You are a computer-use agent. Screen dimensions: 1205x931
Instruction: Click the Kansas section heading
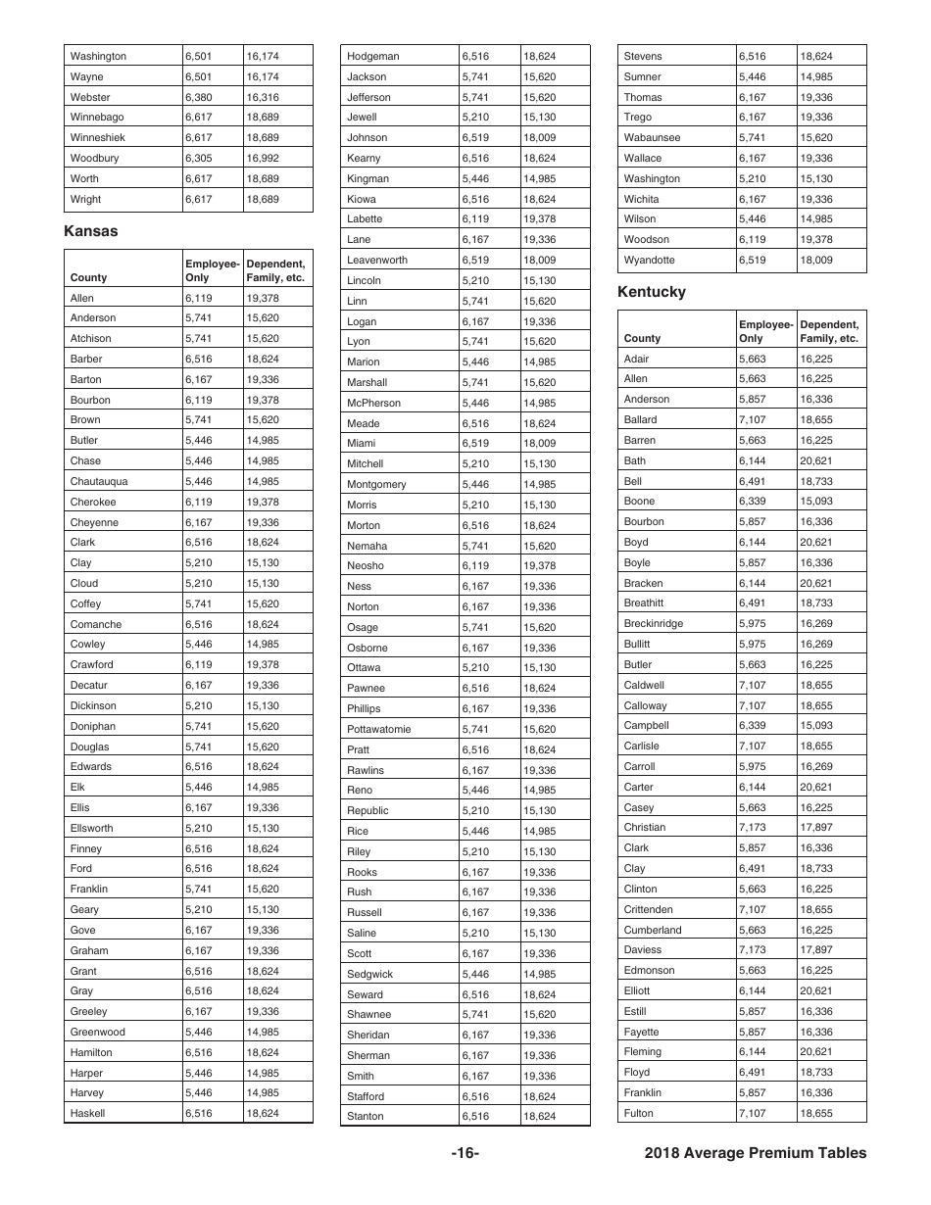coord(90,231)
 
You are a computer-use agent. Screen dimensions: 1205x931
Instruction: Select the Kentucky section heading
coord(652,292)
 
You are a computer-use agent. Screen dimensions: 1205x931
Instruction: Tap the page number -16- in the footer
coord(465,1153)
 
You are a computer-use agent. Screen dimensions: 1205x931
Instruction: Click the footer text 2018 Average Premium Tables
coord(756,1153)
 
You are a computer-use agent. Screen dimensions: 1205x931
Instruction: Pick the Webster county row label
coord(90,97)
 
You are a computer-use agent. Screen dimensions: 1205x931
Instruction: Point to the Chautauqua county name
coord(99,481)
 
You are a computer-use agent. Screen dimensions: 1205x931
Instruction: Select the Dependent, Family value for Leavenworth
coord(539,260)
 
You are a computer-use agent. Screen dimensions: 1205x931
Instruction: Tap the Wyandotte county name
coord(649,260)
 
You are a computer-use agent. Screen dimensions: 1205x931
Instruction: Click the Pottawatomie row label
coord(379,729)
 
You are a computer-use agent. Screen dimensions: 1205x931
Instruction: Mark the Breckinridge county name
coord(654,623)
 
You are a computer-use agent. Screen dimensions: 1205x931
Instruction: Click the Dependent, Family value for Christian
coord(815,827)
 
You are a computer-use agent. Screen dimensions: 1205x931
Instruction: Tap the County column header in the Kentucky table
coord(642,338)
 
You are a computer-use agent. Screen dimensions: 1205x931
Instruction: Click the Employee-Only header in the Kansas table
coord(212,270)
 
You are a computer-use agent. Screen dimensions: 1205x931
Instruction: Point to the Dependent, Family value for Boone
coord(815,501)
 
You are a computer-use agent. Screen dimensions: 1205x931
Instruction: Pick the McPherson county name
coord(373,403)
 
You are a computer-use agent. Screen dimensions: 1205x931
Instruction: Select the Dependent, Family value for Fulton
coord(815,1113)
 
